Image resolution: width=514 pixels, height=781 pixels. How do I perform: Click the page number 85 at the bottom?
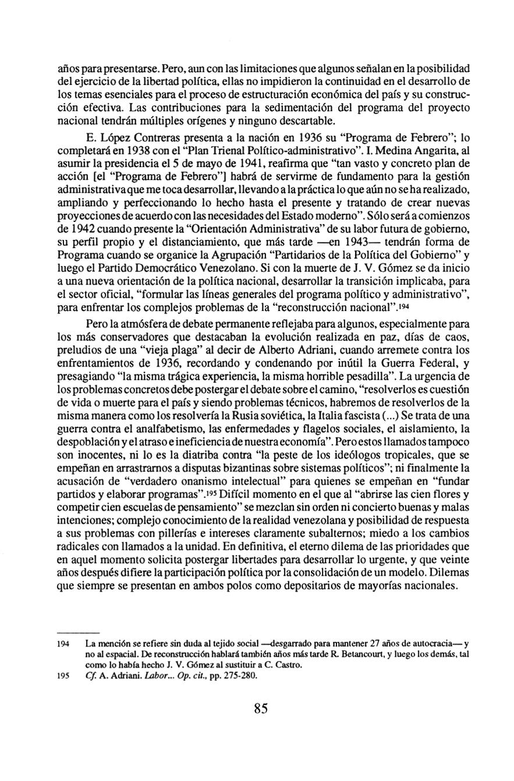[260, 709]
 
